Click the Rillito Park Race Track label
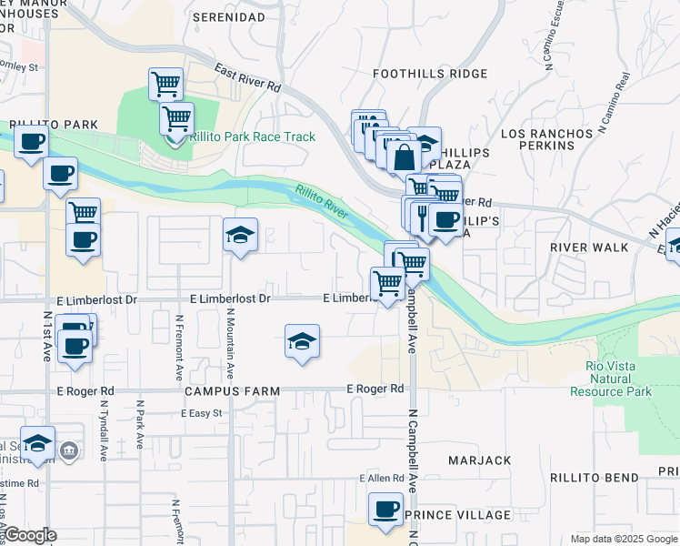click(253, 136)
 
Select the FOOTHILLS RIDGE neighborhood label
click(418, 74)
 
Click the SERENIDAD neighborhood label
click(234, 17)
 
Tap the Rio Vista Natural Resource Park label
click(611, 379)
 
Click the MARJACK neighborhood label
click(479, 460)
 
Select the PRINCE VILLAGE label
click(458, 515)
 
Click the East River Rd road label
click(248, 79)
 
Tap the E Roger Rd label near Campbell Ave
click(375, 389)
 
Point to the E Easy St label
click(202, 413)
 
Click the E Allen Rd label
click(381, 478)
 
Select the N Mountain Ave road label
click(231, 343)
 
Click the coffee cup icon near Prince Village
click(385, 509)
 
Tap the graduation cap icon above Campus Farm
click(302, 341)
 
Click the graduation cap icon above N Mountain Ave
click(241, 235)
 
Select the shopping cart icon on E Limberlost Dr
click(388, 284)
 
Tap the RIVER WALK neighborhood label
click(588, 247)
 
